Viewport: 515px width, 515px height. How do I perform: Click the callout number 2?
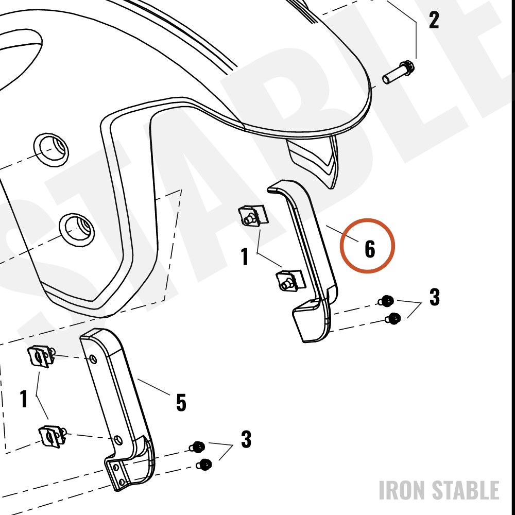click(x=434, y=20)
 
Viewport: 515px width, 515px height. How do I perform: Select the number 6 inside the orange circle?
click(x=370, y=249)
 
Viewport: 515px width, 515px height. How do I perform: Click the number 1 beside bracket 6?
click(x=245, y=256)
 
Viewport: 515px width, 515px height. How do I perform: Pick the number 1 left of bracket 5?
click(x=24, y=399)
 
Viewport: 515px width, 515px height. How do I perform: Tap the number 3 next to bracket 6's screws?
click(x=435, y=297)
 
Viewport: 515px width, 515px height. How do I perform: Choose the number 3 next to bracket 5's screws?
click(x=246, y=439)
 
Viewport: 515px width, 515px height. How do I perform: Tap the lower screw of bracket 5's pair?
click(x=204, y=465)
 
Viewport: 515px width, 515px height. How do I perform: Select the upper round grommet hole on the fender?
click(x=51, y=150)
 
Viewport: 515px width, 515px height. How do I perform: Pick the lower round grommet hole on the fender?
click(x=77, y=230)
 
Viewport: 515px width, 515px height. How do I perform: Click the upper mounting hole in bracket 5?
click(x=94, y=358)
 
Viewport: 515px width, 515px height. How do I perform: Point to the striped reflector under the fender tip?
click(x=314, y=160)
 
